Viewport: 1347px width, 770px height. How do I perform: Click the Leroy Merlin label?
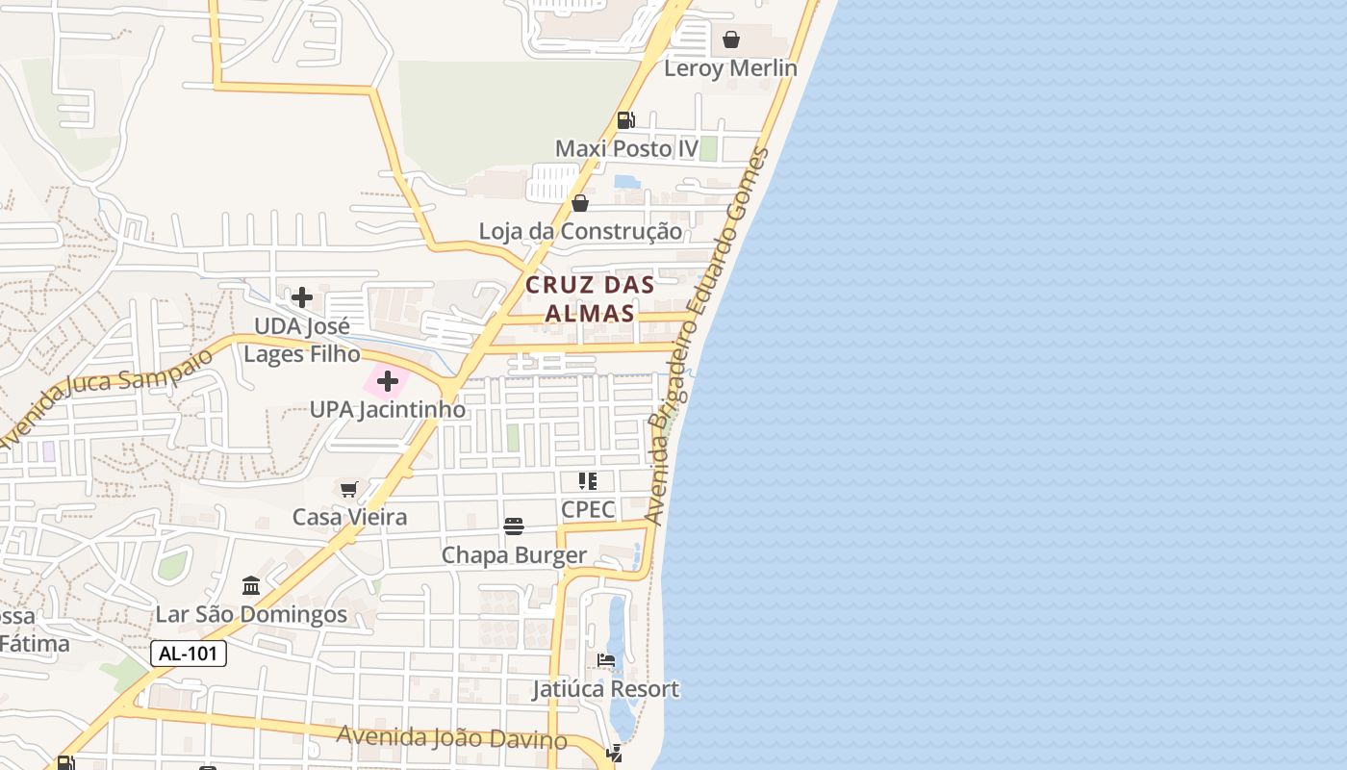tap(730, 68)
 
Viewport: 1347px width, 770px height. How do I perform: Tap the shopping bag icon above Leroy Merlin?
tap(731, 39)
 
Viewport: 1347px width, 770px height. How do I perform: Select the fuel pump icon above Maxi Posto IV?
tap(625, 120)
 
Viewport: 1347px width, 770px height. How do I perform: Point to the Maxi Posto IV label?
tap(626, 149)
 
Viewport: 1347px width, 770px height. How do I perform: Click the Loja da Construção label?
tap(580, 232)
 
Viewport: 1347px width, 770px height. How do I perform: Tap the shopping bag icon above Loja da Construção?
tap(580, 203)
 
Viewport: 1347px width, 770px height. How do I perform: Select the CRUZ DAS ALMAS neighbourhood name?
tap(590, 298)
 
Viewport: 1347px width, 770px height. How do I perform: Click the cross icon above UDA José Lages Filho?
tap(302, 296)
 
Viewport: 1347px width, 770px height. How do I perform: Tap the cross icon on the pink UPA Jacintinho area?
tap(388, 382)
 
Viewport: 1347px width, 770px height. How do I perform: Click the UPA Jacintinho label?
tap(388, 410)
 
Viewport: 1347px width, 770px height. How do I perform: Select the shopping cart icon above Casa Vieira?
tap(349, 489)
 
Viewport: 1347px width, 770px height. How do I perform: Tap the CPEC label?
tap(588, 509)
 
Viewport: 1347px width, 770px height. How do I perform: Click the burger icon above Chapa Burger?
tap(514, 526)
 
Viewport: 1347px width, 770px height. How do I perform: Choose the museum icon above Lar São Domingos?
tap(251, 585)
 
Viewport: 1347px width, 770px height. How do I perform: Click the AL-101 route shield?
tap(189, 654)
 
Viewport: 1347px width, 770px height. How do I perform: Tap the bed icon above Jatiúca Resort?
tap(606, 660)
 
